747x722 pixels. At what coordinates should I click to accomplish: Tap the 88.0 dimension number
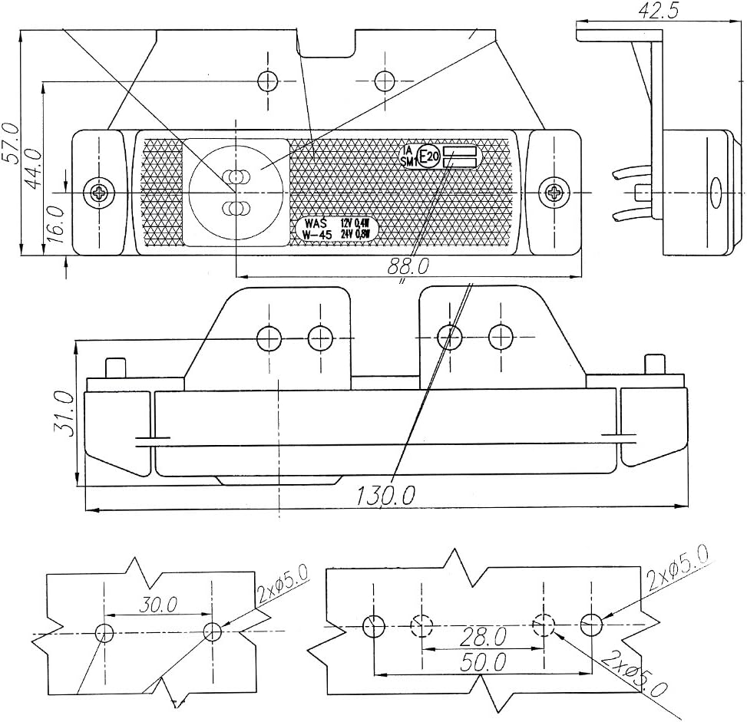tap(407, 266)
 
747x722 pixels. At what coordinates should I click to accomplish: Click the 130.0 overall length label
tap(385, 496)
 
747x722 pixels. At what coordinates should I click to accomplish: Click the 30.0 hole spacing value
tap(158, 605)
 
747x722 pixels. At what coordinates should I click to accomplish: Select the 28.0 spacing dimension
tap(483, 635)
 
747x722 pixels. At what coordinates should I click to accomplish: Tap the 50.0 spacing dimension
tap(483, 662)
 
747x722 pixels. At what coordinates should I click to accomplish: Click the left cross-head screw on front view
tap(98, 191)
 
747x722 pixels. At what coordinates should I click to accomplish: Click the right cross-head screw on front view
tap(552, 191)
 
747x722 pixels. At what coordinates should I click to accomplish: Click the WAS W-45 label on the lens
tap(316, 229)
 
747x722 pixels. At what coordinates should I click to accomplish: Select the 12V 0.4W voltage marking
tap(355, 223)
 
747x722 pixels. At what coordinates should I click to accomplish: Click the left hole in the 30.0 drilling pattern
tap(105, 632)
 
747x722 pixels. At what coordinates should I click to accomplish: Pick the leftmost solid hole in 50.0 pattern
tap(374, 626)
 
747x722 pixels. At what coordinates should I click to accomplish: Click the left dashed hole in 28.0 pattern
tap(421, 626)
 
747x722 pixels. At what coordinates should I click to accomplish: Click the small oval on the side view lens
tap(716, 191)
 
